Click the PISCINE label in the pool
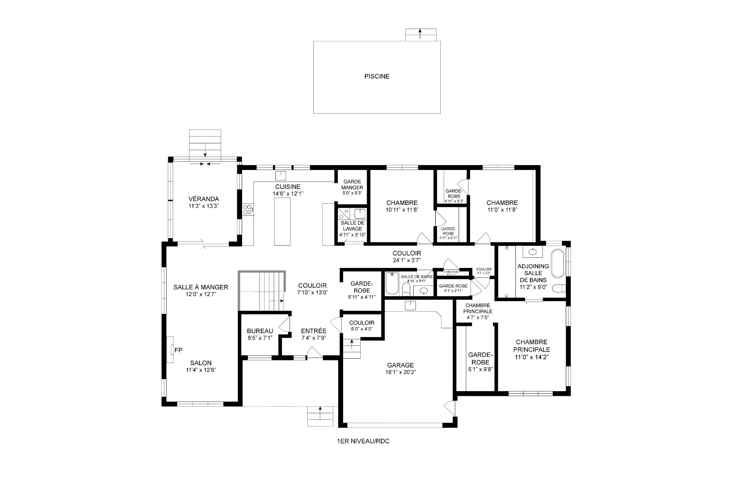377,76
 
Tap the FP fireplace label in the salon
178,350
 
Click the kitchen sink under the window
281,176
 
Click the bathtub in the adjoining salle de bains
558,263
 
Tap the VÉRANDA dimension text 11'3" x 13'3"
204,206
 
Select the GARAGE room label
400,365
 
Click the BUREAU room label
260,331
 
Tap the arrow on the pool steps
419,34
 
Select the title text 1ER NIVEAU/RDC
363,441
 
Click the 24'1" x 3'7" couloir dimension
406,260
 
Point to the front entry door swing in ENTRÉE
314,352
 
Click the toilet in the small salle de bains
406,289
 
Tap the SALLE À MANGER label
201,287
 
